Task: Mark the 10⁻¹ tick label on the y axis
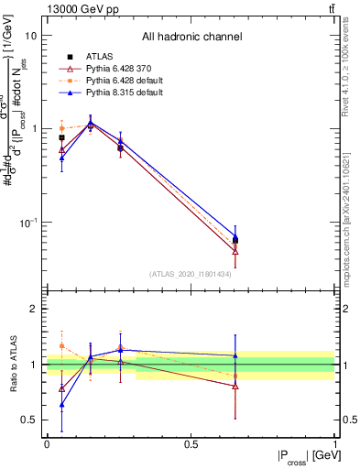(29, 224)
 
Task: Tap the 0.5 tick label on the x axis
(191, 444)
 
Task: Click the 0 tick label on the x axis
(47, 444)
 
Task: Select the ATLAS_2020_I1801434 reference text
(191, 274)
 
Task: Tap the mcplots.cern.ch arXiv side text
(345, 211)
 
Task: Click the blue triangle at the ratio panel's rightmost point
(235, 355)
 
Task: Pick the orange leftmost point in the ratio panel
(61, 345)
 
